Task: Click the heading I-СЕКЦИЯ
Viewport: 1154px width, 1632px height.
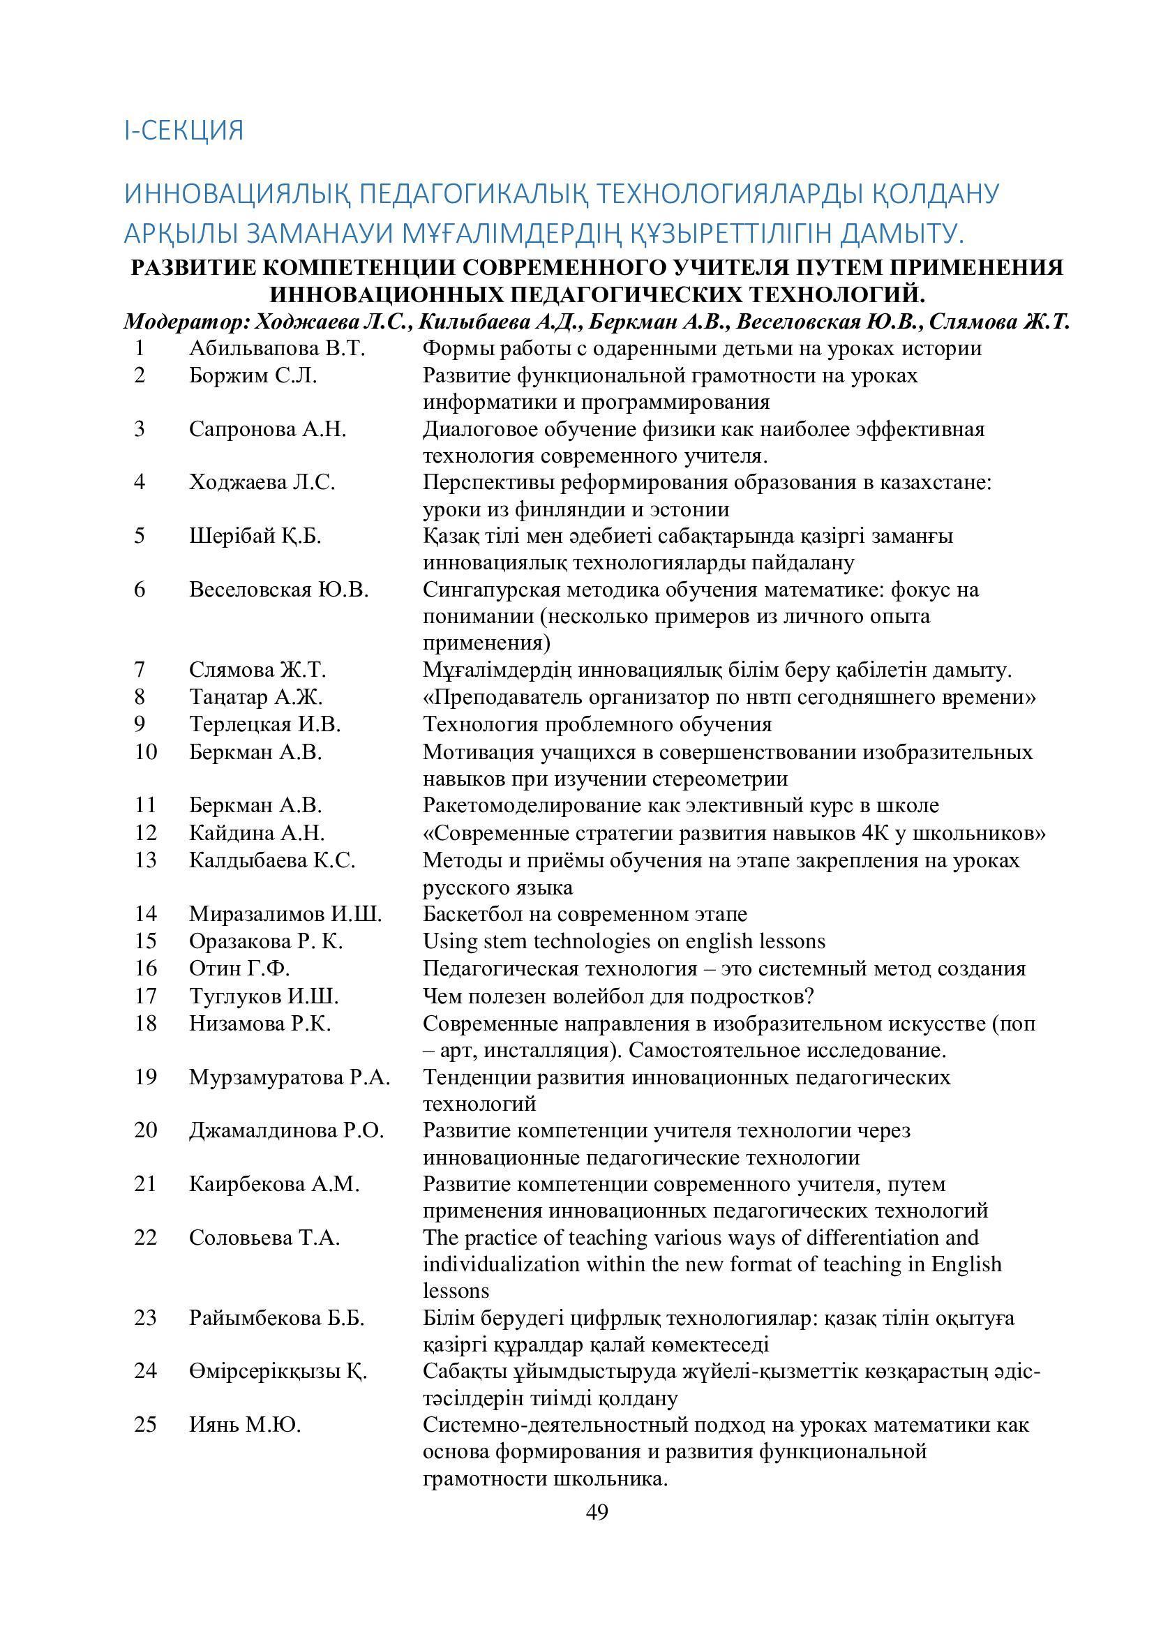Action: point(184,130)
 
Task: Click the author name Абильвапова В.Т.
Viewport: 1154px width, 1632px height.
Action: point(277,348)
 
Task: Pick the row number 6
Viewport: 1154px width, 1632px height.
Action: point(140,590)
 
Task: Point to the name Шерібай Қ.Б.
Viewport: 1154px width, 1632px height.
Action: point(255,535)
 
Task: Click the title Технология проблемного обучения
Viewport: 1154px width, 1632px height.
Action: point(597,724)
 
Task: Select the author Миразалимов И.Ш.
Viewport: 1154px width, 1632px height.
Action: point(285,913)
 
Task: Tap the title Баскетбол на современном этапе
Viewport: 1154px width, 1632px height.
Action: point(584,913)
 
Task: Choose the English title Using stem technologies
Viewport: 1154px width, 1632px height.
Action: point(623,941)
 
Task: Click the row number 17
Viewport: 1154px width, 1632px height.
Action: point(145,996)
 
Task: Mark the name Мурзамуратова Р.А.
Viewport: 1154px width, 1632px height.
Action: point(290,1077)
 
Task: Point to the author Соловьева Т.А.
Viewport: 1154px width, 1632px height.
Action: point(264,1238)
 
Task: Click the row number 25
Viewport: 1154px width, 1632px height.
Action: point(145,1425)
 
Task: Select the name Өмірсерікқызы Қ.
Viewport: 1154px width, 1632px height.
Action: point(277,1371)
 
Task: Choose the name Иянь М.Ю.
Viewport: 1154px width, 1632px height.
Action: point(245,1425)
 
